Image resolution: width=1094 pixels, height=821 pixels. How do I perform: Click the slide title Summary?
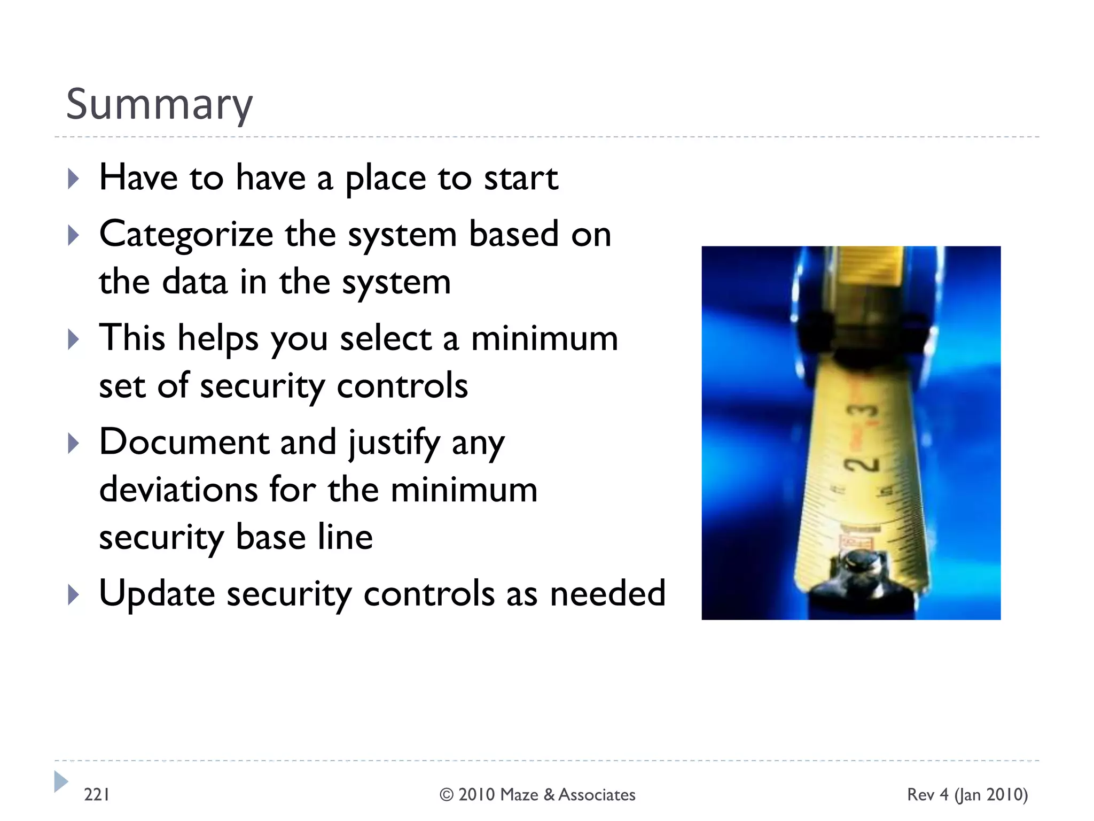159,104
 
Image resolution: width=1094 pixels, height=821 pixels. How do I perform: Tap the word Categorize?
186,235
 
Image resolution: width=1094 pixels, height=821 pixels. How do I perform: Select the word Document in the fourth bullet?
184,442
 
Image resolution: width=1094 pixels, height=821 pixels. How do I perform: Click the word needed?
607,593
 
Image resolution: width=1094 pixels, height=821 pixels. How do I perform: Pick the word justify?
394,443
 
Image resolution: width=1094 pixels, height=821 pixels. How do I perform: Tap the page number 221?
97,795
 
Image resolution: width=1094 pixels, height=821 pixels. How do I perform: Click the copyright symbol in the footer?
446,795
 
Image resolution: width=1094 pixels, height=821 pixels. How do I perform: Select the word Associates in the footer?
597,795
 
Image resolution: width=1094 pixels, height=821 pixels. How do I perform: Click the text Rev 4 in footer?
927,795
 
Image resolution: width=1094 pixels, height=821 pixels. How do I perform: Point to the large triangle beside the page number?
60,781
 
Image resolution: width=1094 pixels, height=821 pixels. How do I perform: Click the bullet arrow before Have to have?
74,179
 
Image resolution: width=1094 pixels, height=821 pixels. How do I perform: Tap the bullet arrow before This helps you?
74,339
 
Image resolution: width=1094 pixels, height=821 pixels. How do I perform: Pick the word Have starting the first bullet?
138,177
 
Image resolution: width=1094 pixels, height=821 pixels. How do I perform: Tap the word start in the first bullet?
521,179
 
